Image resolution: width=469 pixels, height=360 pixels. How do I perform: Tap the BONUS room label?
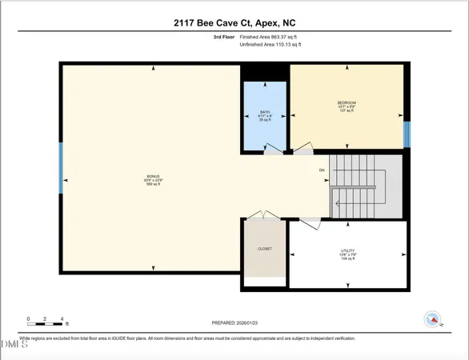pos(153,175)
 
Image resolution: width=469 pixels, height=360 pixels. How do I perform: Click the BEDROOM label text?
pos(346,103)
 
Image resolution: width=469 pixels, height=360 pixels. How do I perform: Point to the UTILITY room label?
pos(348,250)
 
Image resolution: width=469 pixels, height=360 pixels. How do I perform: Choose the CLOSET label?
pos(264,249)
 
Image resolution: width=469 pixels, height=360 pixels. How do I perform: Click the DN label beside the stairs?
pos(322,170)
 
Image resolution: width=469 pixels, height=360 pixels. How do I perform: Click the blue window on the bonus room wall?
pos(61,166)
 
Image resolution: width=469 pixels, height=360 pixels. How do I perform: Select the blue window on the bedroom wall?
pos(407,134)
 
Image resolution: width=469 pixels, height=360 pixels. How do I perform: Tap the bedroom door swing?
pos(303,148)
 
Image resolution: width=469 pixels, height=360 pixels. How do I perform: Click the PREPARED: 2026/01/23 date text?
pos(234,322)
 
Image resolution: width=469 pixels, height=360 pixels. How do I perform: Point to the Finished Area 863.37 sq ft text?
pos(274,37)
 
